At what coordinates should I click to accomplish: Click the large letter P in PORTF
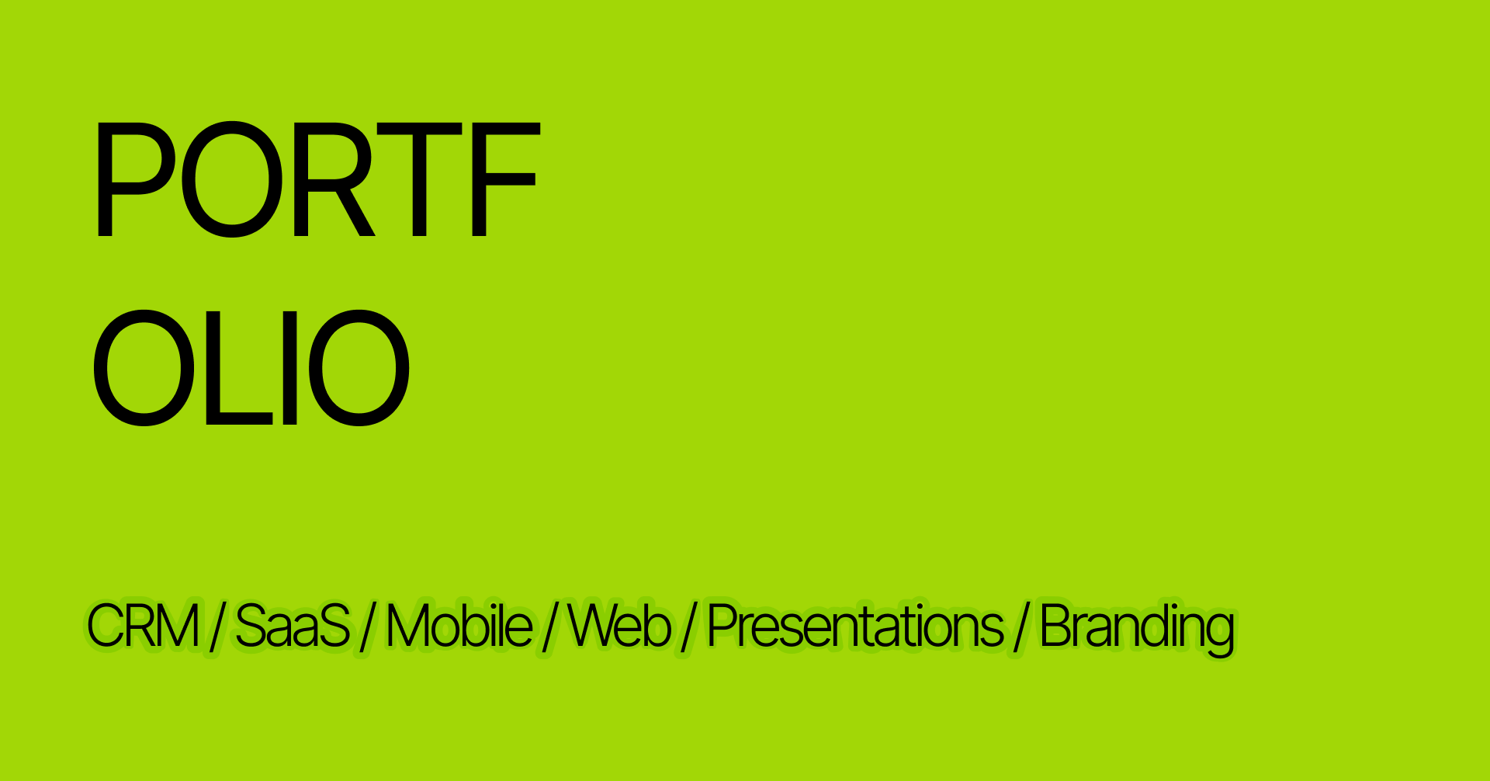[132, 179]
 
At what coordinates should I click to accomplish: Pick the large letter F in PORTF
[504, 179]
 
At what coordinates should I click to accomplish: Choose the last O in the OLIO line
[359, 368]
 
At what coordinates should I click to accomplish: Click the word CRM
[143, 626]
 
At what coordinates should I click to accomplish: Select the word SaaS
[292, 626]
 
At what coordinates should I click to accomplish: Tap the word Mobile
[459, 626]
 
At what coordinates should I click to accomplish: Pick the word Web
[619, 626]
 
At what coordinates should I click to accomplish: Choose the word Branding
[1136, 627]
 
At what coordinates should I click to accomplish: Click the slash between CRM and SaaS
[217, 627]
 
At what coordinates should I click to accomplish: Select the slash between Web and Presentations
[688, 627]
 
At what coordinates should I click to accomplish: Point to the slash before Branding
[1021, 627]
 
